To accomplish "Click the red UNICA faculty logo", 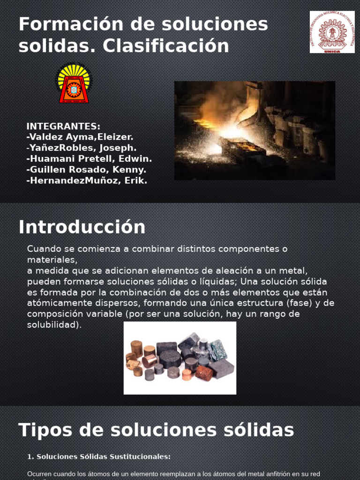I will click(x=332, y=32).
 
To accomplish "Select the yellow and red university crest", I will click(x=74, y=83).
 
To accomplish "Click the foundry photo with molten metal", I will click(x=255, y=130).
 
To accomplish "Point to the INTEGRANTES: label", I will click(x=63, y=127).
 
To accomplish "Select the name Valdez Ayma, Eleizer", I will click(x=81, y=137).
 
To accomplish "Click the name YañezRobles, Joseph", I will click(x=82, y=148).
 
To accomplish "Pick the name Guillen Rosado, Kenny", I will click(x=87, y=170).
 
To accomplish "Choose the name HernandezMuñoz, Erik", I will click(x=88, y=180).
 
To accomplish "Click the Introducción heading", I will click(x=82, y=227).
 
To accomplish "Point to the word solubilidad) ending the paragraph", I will click(x=54, y=325).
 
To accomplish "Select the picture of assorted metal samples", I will click(x=180, y=358).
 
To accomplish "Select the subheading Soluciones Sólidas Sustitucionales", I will click(x=103, y=457).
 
